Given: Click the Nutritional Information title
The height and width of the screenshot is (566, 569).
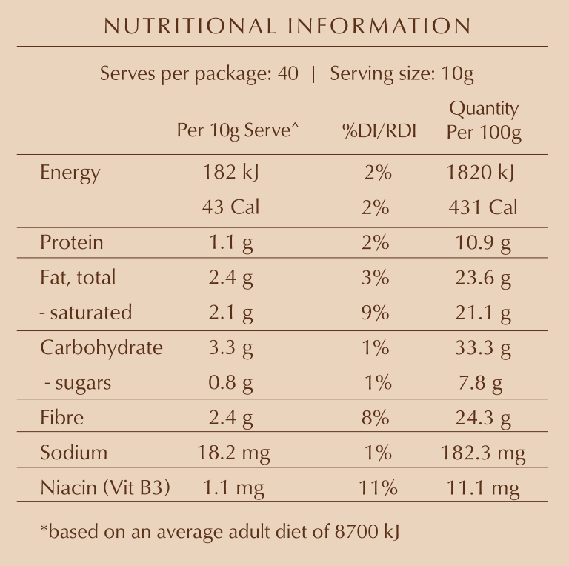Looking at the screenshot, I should tap(287, 26).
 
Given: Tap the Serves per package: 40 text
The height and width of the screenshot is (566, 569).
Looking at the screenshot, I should tap(199, 74).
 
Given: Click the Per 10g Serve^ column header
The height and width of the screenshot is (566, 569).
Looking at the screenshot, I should tap(238, 131).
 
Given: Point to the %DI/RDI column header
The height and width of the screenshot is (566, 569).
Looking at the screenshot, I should tap(379, 131).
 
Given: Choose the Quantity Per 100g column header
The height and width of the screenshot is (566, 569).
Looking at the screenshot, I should tap(484, 120).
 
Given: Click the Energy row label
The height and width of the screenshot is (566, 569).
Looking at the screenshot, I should tap(70, 173).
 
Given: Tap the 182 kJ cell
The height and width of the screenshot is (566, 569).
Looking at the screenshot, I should tap(230, 173).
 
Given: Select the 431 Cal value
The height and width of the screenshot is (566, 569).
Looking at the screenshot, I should tap(482, 207).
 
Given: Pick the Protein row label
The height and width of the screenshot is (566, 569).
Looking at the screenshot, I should tap(72, 243).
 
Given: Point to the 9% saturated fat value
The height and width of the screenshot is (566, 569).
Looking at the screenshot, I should tap(376, 313).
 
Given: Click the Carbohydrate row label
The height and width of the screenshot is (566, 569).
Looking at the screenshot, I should tap(102, 347).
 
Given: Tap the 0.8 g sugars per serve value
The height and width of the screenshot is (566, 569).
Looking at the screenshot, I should tap(230, 383).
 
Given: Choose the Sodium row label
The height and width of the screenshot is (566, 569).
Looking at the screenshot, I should tap(73, 453).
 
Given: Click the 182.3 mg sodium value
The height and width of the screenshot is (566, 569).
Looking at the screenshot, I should tap(483, 453).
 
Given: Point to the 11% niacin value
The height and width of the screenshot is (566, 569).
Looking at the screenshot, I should tap(379, 487).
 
